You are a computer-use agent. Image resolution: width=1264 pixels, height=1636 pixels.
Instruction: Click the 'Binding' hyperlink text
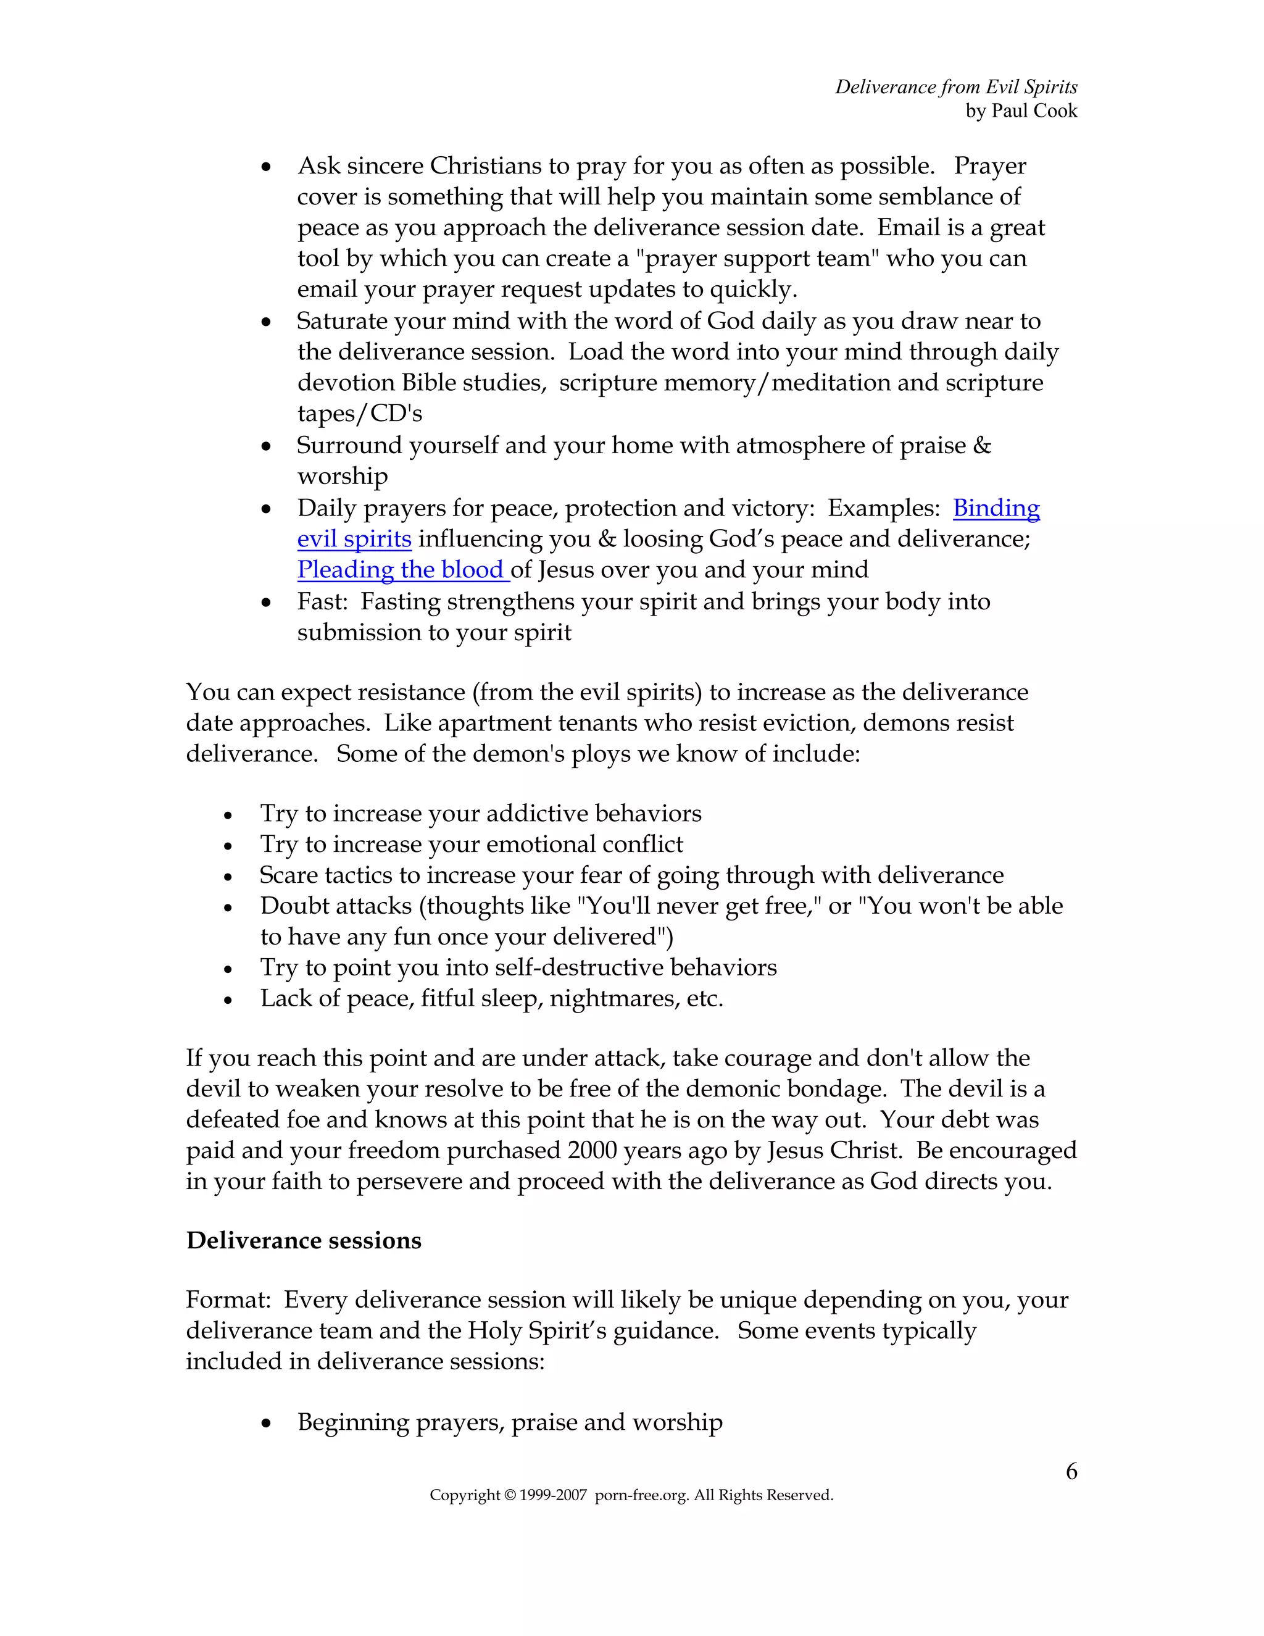[996, 509]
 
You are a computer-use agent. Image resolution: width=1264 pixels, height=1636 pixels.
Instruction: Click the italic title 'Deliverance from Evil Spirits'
[956, 87]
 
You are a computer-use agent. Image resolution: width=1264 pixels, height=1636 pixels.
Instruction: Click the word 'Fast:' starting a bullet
[321, 601]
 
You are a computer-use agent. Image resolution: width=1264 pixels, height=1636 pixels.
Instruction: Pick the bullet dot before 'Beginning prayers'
[266, 1423]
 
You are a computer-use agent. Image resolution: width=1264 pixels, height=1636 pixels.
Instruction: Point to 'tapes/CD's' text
[360, 414]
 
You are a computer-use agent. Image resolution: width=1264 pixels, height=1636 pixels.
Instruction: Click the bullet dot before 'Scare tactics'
[228, 877]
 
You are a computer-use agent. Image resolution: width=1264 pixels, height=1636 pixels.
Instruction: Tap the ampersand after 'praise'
[982, 446]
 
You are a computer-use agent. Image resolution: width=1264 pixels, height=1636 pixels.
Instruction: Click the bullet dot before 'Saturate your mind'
[266, 322]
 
